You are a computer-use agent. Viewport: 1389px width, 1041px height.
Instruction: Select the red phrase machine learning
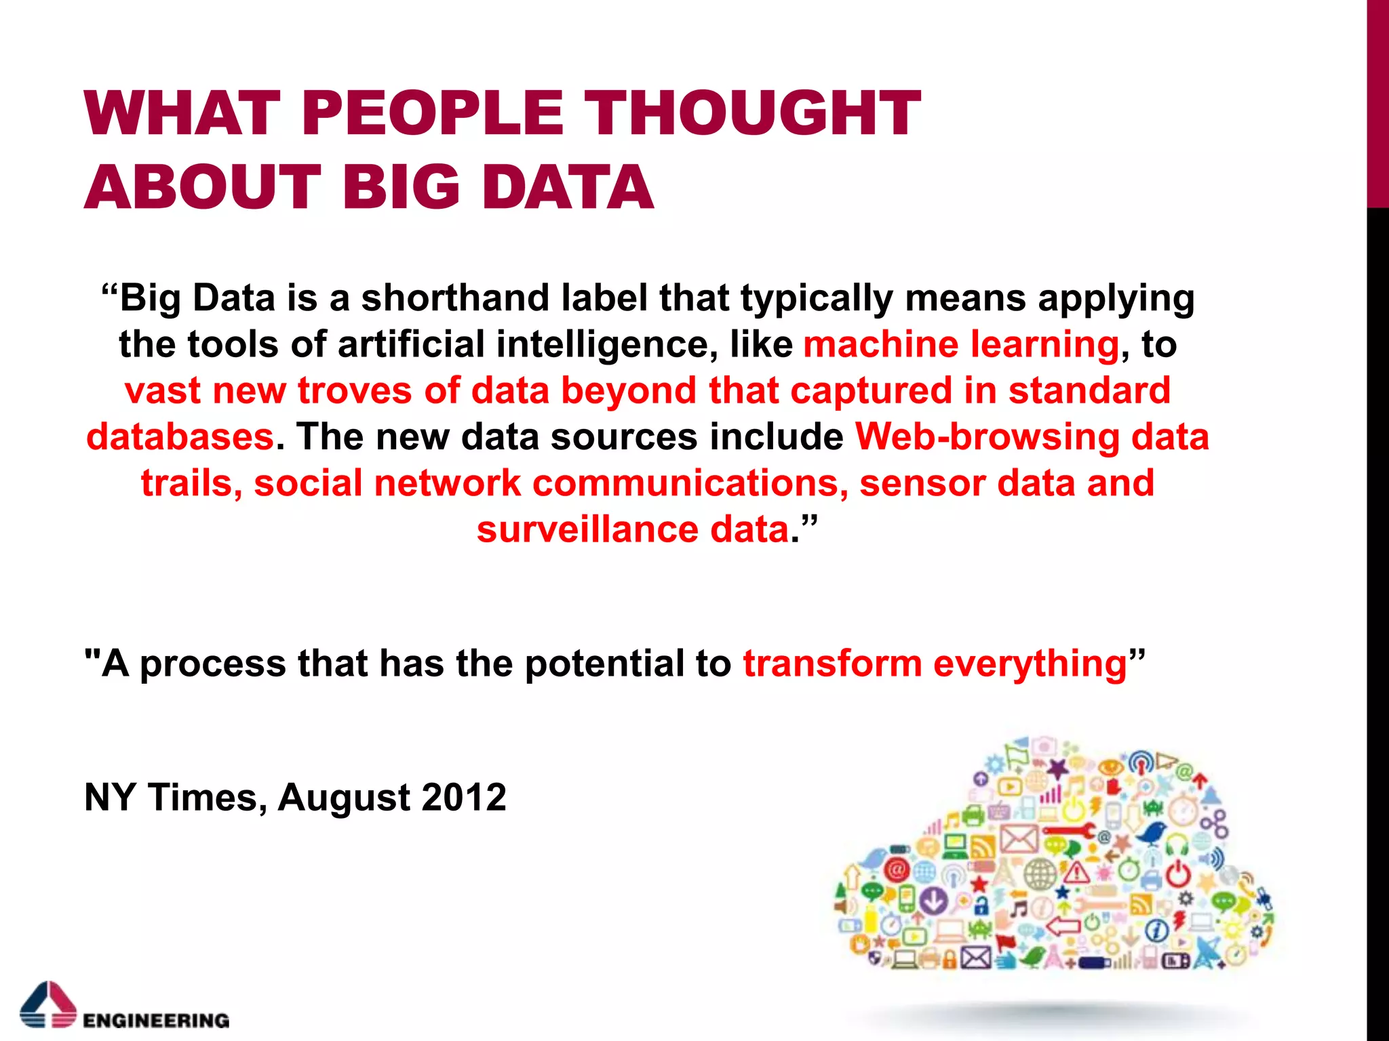point(960,344)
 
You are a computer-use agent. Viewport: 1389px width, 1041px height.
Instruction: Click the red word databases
point(180,437)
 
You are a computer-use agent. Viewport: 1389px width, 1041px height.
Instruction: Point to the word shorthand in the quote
point(455,298)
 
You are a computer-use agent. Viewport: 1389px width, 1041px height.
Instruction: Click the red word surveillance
point(587,529)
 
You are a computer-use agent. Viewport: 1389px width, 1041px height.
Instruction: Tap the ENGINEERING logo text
point(156,1020)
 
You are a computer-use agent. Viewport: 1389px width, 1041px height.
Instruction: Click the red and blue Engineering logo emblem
point(47,1004)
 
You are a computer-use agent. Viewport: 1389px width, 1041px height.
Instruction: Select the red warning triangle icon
point(1076,872)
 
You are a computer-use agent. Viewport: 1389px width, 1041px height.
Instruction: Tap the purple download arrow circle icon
point(935,900)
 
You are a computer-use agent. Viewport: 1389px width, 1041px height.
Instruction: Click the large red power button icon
point(1178,874)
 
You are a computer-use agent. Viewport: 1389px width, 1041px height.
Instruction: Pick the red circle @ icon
point(897,870)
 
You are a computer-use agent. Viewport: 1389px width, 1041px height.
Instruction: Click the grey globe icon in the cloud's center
point(1040,874)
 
